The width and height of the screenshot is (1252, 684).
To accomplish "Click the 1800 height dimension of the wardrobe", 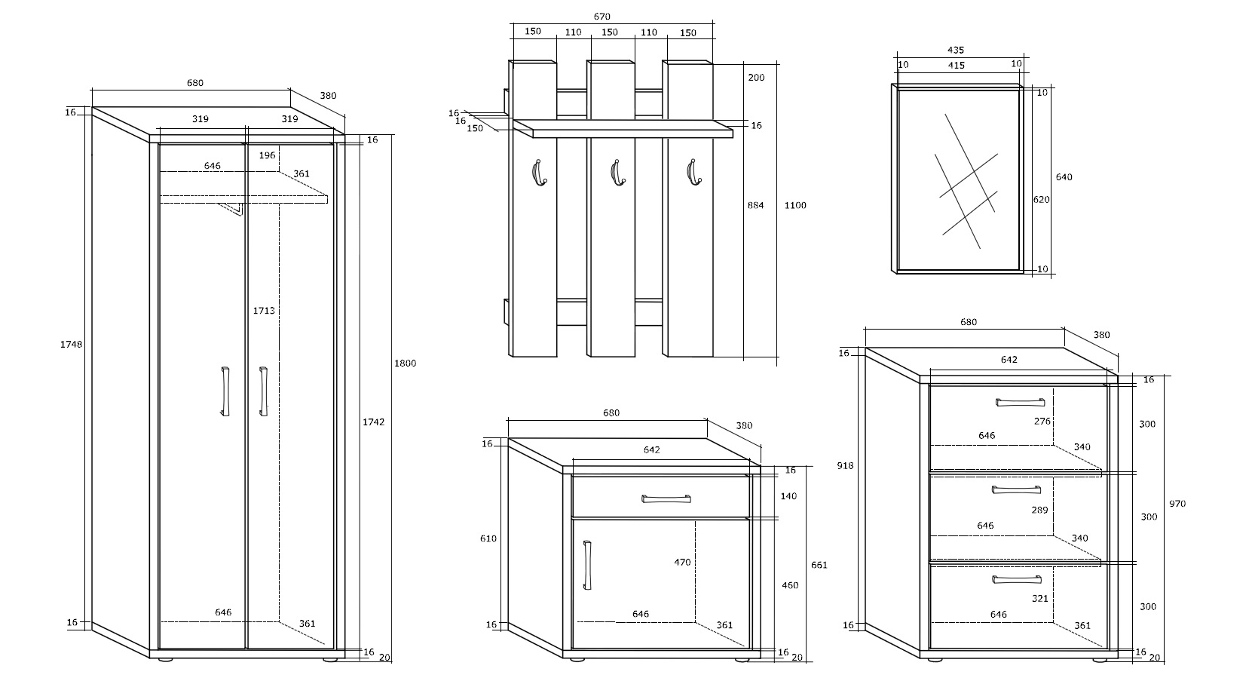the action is tap(406, 363).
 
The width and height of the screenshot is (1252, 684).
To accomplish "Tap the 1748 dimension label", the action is tap(71, 344).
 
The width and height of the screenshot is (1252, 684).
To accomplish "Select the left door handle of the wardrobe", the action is tap(225, 391).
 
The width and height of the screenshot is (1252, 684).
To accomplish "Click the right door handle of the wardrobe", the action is tap(263, 391).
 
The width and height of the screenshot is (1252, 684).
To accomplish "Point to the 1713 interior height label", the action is tap(264, 311).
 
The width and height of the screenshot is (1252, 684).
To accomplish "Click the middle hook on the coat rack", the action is tap(617, 172).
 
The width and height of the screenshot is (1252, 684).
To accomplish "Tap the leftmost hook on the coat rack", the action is tap(538, 172).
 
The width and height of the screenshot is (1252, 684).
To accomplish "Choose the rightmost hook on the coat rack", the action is tap(693, 172).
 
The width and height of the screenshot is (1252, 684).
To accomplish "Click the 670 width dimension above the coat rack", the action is tap(602, 17).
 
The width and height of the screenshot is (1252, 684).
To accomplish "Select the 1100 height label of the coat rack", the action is tap(794, 205).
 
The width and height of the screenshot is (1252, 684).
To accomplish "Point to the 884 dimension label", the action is tap(755, 205).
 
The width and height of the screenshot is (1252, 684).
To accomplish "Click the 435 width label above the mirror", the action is tap(956, 50).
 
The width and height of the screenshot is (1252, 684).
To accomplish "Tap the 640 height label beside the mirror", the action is tap(1064, 176).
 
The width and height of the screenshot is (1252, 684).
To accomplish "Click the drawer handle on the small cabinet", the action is tap(666, 498).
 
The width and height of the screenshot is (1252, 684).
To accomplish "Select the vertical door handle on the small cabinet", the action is tap(587, 565).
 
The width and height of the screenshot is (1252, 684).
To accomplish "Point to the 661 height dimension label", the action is tap(819, 565).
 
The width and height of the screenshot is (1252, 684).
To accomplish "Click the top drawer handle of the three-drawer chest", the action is tap(1020, 402).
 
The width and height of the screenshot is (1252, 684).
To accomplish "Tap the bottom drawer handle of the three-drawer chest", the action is tap(1017, 579).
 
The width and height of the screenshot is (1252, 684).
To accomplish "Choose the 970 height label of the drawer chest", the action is tap(1177, 503).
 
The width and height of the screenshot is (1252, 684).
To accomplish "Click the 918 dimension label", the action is tap(845, 465).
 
